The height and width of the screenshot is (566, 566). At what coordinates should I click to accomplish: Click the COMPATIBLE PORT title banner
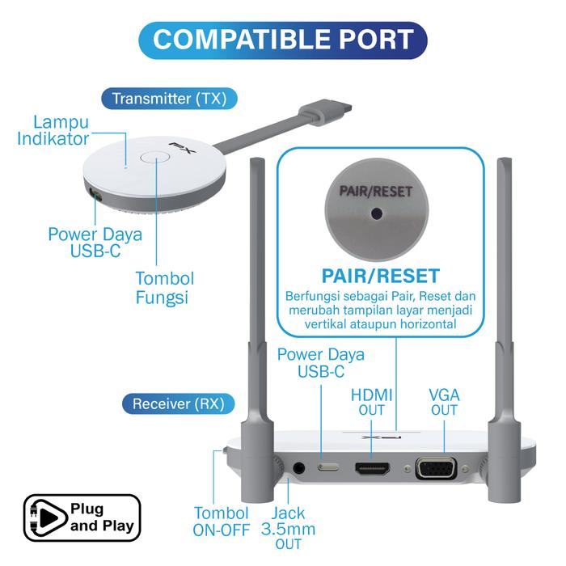[x=283, y=38]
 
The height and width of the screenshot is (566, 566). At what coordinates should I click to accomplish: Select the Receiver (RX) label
[x=178, y=403]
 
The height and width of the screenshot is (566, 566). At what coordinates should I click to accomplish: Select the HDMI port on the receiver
[x=372, y=468]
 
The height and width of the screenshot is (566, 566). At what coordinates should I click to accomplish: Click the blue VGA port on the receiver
[x=436, y=469]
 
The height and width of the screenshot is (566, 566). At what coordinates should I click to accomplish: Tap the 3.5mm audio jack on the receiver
[x=301, y=467]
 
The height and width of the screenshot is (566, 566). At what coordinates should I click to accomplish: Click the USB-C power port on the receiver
[x=328, y=467]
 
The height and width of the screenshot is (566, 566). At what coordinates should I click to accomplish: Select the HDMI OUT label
[x=372, y=403]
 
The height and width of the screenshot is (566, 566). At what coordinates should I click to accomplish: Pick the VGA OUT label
[x=444, y=403]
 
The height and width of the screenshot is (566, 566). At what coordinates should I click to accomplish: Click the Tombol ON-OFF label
[x=220, y=522]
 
